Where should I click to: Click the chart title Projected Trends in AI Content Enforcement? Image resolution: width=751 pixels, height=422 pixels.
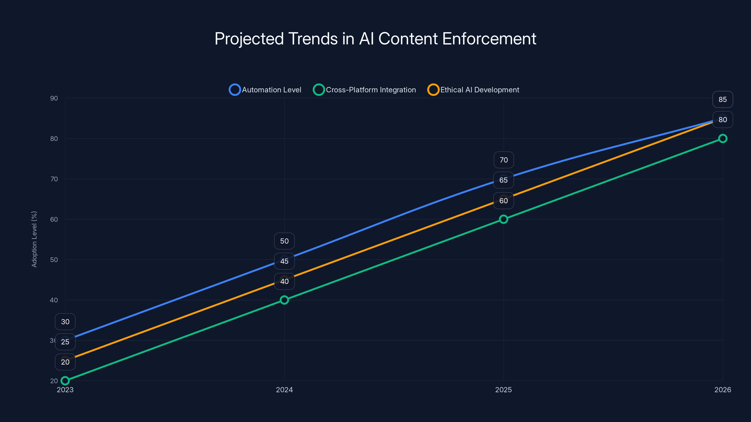375,39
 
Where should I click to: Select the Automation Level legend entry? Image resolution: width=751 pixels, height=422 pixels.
265,90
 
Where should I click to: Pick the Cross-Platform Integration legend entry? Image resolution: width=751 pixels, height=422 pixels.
364,90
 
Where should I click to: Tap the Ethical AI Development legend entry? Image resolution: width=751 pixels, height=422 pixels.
473,90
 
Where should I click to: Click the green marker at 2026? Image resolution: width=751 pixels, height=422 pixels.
722,138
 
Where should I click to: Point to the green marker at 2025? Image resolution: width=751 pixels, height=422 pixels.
503,219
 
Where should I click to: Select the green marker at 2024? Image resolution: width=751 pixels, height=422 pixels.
284,300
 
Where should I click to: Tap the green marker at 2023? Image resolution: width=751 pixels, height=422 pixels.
65,381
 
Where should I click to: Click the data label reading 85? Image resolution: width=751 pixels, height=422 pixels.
722,100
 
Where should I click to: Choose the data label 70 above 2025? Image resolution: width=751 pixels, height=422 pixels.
503,160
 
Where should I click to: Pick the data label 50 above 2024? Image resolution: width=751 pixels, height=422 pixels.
284,241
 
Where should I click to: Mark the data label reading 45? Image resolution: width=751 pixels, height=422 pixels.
284,261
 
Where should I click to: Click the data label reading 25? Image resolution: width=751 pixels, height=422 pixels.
65,342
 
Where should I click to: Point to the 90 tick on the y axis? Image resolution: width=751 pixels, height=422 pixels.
54,98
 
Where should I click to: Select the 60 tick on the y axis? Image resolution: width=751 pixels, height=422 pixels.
54,219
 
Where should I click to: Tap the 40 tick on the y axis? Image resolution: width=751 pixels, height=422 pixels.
54,300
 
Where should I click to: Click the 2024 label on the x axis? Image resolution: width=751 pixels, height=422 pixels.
284,390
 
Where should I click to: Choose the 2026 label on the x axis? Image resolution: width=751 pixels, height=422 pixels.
722,390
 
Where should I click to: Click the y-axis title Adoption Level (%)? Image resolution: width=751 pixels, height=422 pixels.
34,239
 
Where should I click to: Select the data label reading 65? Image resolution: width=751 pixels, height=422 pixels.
503,180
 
